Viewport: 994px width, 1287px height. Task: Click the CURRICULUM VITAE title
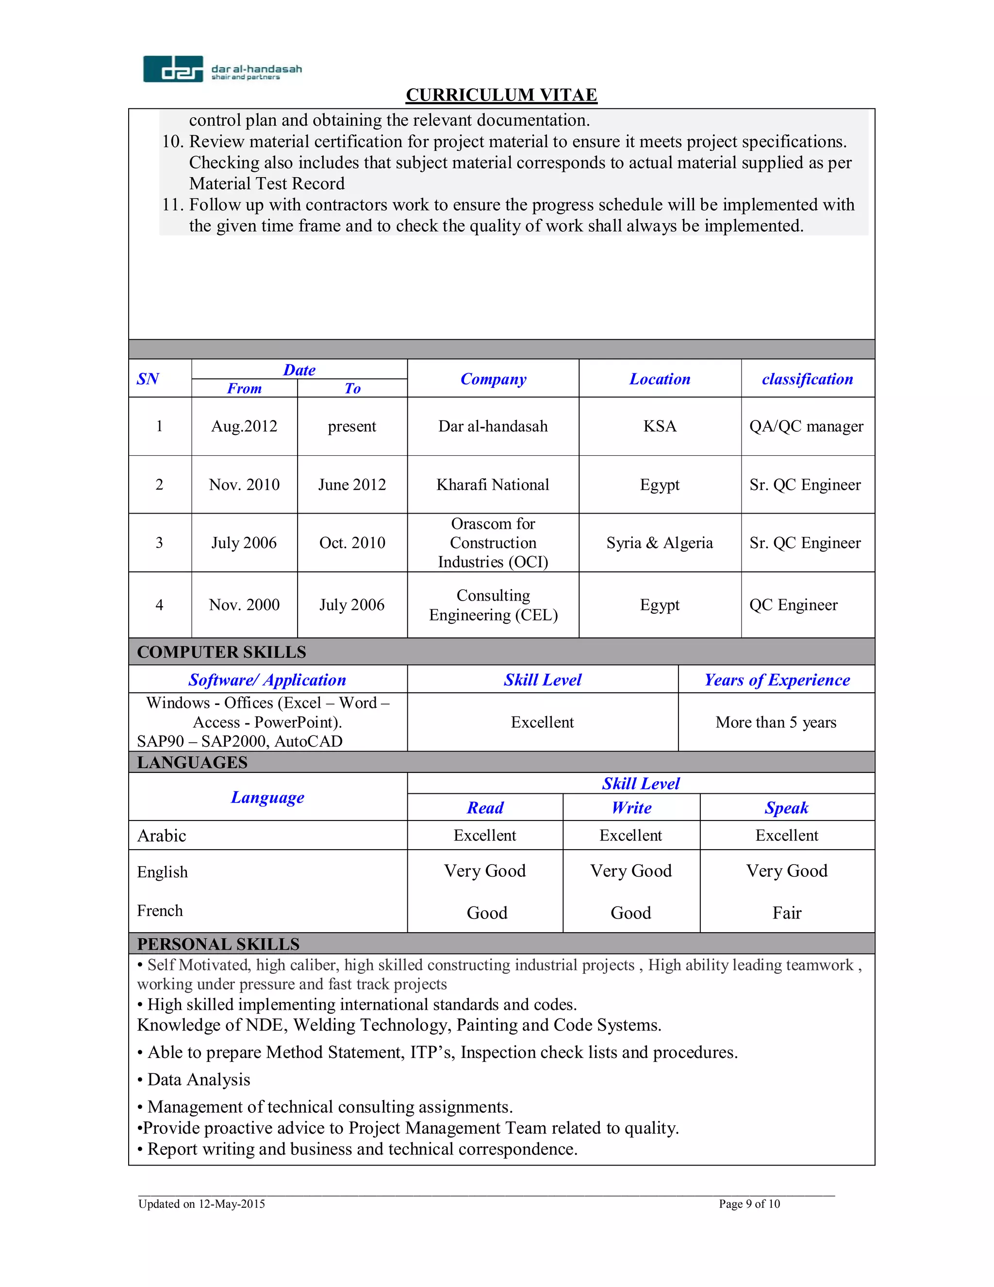click(x=501, y=95)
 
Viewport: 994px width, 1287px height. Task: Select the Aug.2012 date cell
click(x=244, y=426)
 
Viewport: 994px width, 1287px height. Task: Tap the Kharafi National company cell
click(x=493, y=485)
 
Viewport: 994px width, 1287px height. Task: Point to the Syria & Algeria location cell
click(x=659, y=543)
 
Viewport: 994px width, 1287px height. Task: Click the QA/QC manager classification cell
click(x=806, y=426)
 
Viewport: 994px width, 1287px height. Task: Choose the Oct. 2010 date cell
click(x=352, y=543)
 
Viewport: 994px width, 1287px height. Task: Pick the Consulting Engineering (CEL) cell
click(x=493, y=605)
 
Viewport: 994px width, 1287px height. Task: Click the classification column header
click(x=807, y=379)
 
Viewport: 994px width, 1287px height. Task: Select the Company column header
click(x=493, y=379)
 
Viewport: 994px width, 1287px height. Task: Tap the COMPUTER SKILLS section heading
click(x=221, y=652)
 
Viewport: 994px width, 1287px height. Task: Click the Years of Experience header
click(x=777, y=680)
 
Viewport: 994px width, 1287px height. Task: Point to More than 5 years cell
click(x=776, y=722)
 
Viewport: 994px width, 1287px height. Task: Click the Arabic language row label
click(x=162, y=836)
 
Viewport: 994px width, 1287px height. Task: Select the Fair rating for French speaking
click(x=787, y=913)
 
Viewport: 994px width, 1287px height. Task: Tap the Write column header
click(x=631, y=808)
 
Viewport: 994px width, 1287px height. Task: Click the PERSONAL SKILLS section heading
click(x=218, y=944)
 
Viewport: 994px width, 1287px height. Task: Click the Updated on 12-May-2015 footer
click(x=201, y=1204)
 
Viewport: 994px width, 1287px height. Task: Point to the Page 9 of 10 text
click(x=749, y=1204)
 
